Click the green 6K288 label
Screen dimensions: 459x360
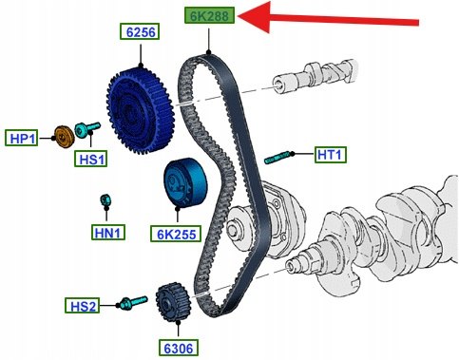[x=210, y=15]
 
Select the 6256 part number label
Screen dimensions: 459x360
[x=140, y=31]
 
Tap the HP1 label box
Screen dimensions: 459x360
[x=22, y=138]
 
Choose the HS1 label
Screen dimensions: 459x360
[x=91, y=158]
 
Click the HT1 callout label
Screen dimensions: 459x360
[x=331, y=155]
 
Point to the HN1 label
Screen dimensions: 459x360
[x=108, y=232]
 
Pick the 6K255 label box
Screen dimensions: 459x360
[x=176, y=234]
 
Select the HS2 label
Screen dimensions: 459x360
[x=82, y=306]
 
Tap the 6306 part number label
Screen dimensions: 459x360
[x=179, y=348]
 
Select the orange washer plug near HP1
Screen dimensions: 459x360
[x=65, y=137]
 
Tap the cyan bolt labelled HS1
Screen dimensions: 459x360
[x=87, y=129]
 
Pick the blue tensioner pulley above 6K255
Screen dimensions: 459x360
[x=185, y=182]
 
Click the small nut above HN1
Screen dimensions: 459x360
[x=105, y=199]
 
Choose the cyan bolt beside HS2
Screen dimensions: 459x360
[x=134, y=302]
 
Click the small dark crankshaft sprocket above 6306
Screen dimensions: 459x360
[x=173, y=302]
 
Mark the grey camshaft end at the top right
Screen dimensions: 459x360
[x=316, y=75]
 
